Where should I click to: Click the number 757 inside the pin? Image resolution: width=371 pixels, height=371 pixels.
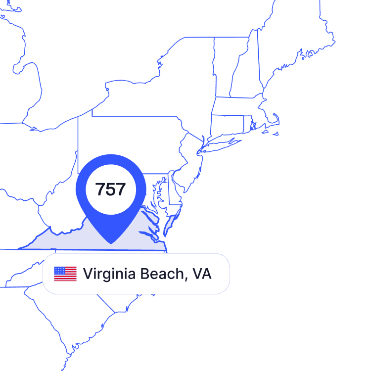(x=110, y=189)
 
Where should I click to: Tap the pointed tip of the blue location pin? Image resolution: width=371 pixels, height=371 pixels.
(x=111, y=242)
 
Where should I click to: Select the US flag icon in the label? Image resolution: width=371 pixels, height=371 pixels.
(x=65, y=274)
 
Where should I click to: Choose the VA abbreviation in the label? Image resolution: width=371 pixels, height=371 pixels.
(x=202, y=274)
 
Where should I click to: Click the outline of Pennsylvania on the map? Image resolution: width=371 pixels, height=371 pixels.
(x=134, y=143)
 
